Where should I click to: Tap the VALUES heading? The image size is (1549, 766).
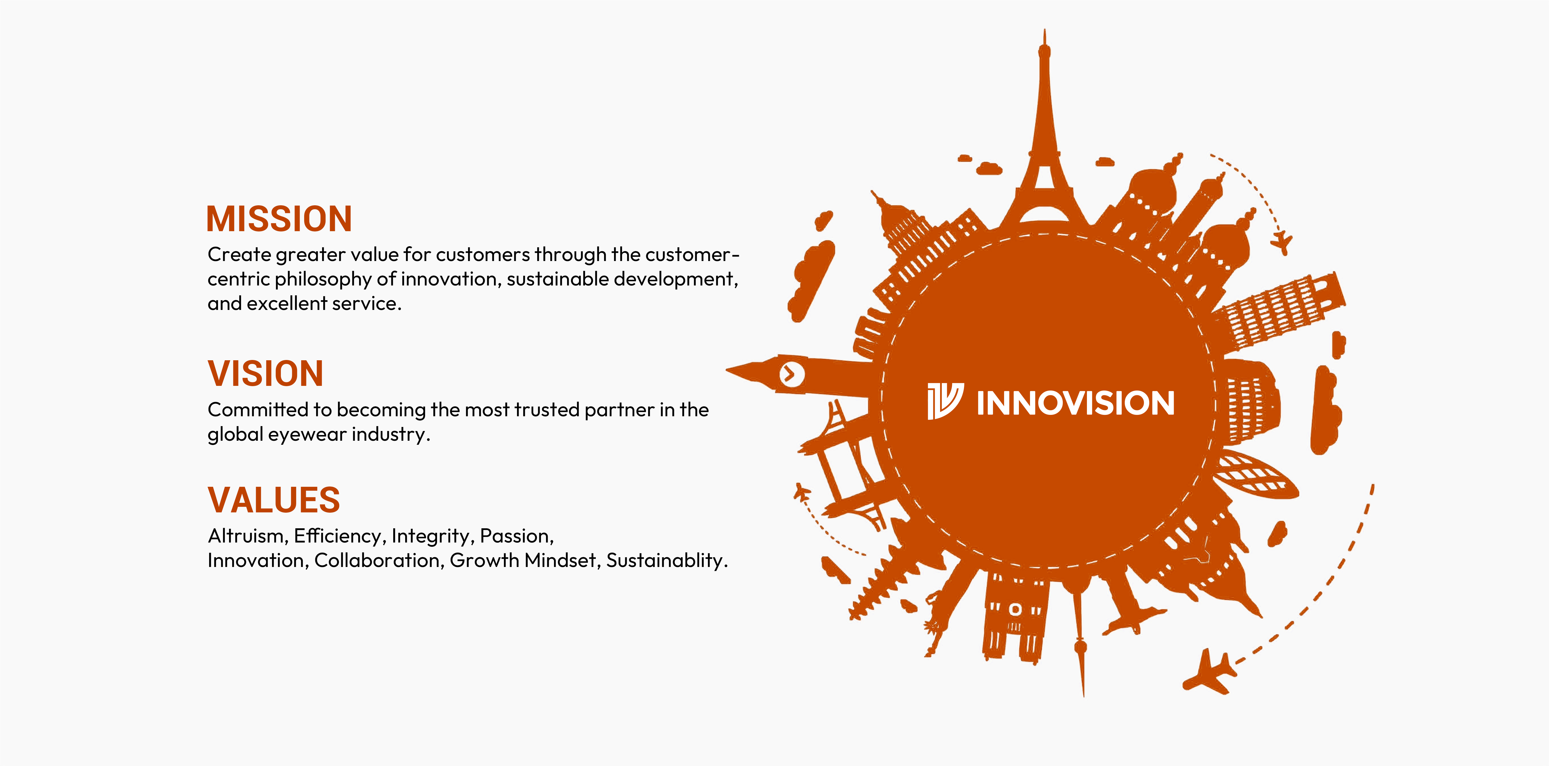pyautogui.click(x=274, y=500)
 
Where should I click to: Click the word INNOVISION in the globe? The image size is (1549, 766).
pyautogui.click(x=1075, y=403)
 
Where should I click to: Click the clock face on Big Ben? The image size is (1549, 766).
pyautogui.click(x=791, y=374)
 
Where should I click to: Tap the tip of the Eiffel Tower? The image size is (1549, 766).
pyautogui.click(x=1045, y=30)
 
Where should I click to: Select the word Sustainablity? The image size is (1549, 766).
pyautogui.click(x=667, y=560)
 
